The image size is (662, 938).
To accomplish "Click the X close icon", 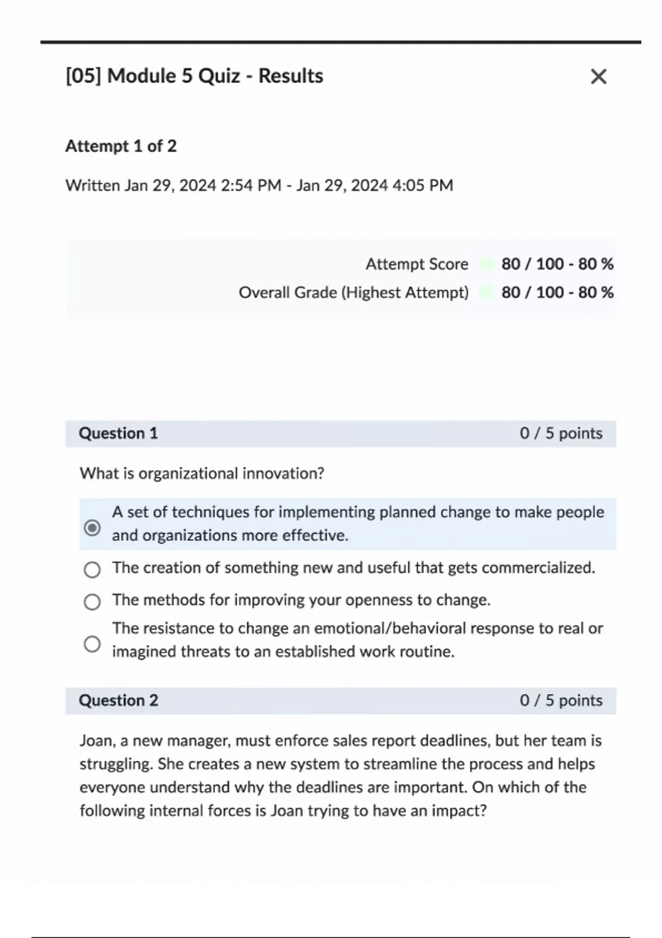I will [x=599, y=76].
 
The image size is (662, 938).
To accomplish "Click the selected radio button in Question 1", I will [x=92, y=528].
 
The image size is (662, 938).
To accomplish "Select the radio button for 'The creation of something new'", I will [x=92, y=569].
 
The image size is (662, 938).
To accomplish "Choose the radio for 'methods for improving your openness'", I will [x=92, y=601].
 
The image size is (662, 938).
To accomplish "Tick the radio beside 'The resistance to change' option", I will [x=92, y=644].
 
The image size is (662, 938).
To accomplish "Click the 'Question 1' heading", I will [x=118, y=433].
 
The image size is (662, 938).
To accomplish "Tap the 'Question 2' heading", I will [x=118, y=700].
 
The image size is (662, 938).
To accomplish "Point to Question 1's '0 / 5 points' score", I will [x=560, y=433].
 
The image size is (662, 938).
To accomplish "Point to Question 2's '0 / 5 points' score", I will [x=560, y=700].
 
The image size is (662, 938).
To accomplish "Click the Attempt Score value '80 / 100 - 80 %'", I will [x=557, y=264].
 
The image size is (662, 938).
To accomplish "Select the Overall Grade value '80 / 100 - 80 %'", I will [x=557, y=292].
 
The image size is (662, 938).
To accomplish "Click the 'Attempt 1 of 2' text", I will [x=121, y=146].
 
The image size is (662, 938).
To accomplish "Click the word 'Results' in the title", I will [x=291, y=76].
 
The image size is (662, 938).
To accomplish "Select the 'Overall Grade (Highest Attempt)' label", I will [x=354, y=292].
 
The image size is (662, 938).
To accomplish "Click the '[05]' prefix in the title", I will [x=83, y=76].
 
